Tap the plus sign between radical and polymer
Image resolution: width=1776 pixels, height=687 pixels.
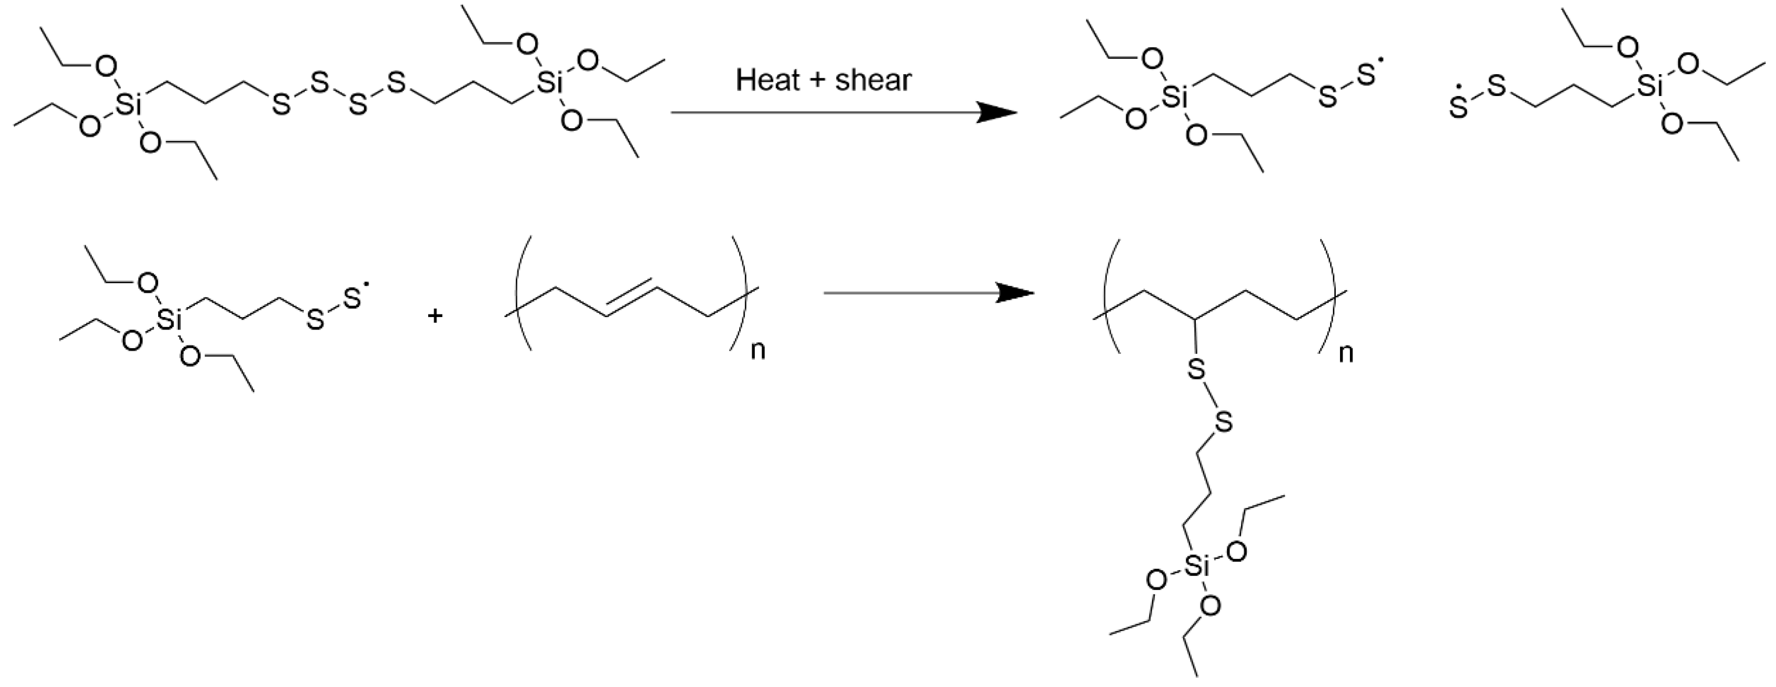point(434,316)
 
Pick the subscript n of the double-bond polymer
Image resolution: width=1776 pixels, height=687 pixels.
point(758,350)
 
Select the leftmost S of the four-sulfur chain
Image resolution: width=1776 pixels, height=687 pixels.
point(280,105)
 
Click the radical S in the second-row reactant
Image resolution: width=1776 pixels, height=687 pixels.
point(353,299)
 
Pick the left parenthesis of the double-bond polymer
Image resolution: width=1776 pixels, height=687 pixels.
point(521,294)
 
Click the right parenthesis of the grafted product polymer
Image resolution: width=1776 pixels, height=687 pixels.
point(1328,297)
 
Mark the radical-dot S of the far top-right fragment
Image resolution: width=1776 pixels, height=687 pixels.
point(1458,107)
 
